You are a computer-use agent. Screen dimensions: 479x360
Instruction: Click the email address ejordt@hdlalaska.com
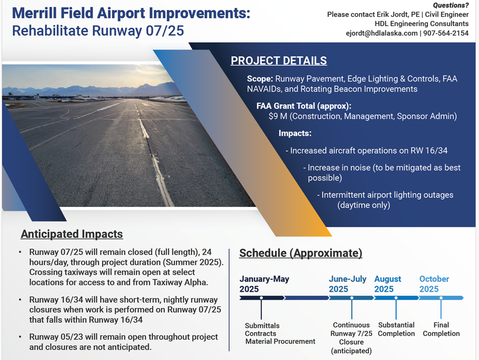point(382,33)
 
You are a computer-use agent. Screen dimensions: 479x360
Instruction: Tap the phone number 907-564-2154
point(446,33)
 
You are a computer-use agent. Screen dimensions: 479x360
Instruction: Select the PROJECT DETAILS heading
point(278,61)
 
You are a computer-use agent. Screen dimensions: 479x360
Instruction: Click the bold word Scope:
point(260,79)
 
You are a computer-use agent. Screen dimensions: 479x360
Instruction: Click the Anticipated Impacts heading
point(72,234)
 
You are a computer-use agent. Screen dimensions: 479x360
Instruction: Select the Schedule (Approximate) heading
point(301,253)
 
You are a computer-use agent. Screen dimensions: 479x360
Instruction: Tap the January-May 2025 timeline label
point(264,284)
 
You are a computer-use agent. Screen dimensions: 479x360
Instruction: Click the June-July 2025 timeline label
point(348,284)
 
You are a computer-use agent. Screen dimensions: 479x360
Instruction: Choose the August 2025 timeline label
point(388,284)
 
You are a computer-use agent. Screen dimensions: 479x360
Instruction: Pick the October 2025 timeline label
point(434,284)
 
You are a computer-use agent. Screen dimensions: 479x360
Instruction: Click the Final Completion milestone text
point(441,329)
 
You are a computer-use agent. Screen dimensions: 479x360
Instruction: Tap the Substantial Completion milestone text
point(396,329)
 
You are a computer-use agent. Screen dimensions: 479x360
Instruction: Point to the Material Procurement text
point(280,341)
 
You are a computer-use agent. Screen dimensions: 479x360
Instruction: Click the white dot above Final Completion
point(441,298)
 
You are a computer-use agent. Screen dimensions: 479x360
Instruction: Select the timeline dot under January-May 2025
point(261,298)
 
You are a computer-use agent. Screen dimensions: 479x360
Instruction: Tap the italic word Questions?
point(450,5)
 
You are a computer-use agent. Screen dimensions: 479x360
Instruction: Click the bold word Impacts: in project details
point(295,133)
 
